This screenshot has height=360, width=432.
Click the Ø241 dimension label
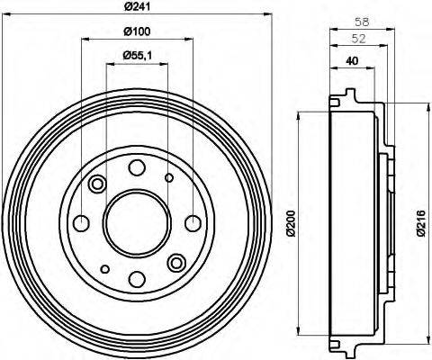click(x=137, y=8)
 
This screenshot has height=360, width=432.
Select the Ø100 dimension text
click(x=137, y=33)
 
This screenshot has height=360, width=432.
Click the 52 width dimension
click(x=357, y=39)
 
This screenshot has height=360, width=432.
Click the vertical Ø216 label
click(x=419, y=221)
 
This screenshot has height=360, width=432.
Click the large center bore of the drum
click(x=136, y=221)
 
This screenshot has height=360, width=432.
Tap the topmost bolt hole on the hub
click(x=137, y=166)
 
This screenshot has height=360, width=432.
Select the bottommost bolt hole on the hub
click(x=137, y=277)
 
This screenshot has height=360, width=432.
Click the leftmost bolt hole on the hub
click(x=81, y=222)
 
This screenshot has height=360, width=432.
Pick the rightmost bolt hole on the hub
click(x=192, y=222)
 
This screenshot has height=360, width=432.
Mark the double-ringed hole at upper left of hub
click(x=97, y=184)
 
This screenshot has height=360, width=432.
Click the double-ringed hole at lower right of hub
click(x=175, y=261)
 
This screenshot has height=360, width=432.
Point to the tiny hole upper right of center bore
click(x=169, y=178)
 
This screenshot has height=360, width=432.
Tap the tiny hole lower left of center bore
click(x=105, y=268)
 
